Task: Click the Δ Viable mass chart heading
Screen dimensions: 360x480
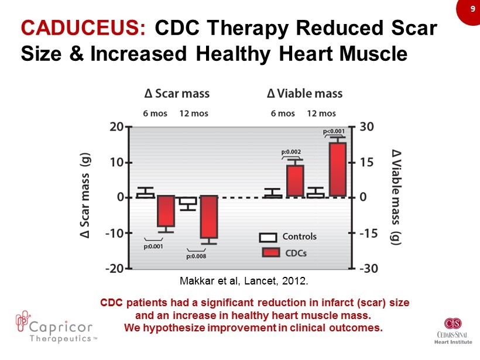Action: (x=304, y=94)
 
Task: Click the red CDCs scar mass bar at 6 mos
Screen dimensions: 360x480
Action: (x=166, y=211)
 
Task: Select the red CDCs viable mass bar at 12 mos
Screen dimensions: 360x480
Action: (x=338, y=169)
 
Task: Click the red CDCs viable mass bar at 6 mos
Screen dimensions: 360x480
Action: (x=295, y=181)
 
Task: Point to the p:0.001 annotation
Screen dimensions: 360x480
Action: (x=153, y=246)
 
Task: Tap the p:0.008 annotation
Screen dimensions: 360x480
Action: (x=196, y=255)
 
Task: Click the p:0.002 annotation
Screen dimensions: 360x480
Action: (x=292, y=152)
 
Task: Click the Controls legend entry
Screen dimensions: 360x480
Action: (x=288, y=237)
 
